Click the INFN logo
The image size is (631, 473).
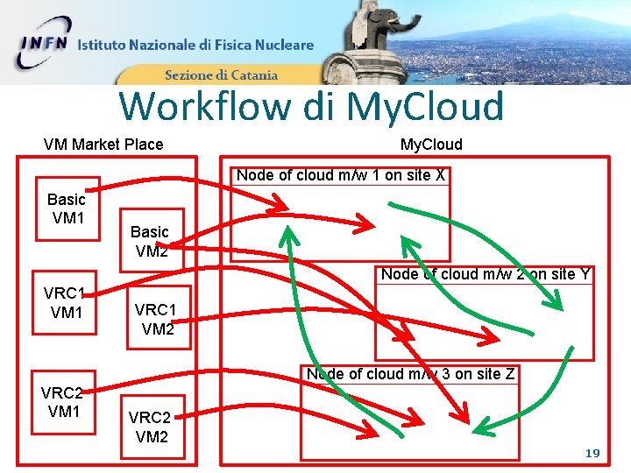pyautogui.click(x=44, y=44)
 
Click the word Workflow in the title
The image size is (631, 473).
pyautogui.click(x=206, y=107)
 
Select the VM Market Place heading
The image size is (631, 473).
pyautogui.click(x=103, y=145)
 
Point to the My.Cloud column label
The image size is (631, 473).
pyautogui.click(x=431, y=145)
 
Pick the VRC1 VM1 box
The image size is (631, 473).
pyautogui.click(x=67, y=303)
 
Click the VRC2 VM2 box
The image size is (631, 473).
pyautogui.click(x=152, y=427)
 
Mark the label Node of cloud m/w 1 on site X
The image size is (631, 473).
pyautogui.click(x=341, y=176)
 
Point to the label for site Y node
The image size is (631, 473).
pyautogui.click(x=485, y=275)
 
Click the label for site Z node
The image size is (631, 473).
pyautogui.click(x=410, y=375)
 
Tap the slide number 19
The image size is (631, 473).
pyautogui.click(x=592, y=454)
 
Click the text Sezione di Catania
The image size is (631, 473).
pyautogui.click(x=221, y=75)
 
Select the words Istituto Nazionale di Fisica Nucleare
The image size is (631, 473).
pyautogui.click(x=195, y=46)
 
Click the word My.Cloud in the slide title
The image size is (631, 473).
pyautogui.click(x=425, y=107)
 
